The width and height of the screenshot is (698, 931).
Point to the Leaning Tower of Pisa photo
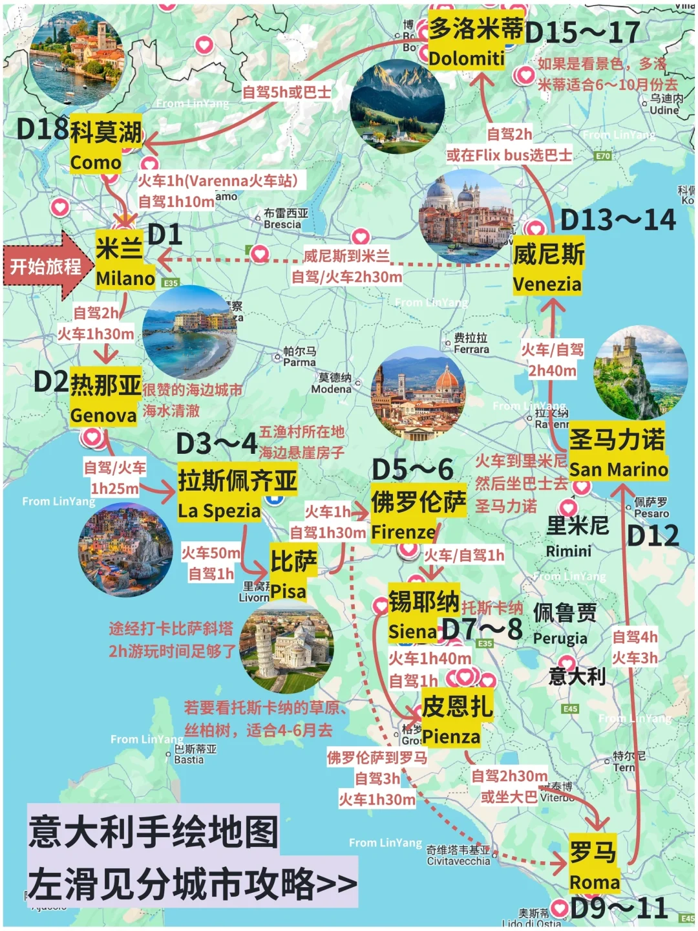click(x=286, y=647)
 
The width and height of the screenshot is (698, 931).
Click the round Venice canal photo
click(x=465, y=217)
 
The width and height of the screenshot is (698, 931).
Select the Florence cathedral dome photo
click(x=418, y=394)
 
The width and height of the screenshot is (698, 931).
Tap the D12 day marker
click(x=653, y=535)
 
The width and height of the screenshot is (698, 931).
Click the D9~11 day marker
click(x=618, y=908)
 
